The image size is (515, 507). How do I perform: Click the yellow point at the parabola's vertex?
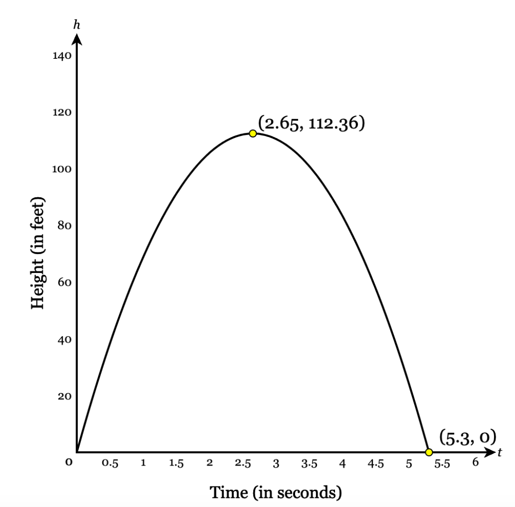pyautogui.click(x=253, y=133)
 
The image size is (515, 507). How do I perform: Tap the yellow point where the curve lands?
pyautogui.click(x=429, y=452)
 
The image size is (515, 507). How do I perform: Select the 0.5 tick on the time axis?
pyautogui.click(x=109, y=464)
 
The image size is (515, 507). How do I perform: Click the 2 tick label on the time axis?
pyautogui.click(x=210, y=463)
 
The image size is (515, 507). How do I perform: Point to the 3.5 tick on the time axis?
pyautogui.click(x=309, y=464)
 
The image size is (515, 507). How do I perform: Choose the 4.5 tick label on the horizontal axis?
pyautogui.click(x=375, y=464)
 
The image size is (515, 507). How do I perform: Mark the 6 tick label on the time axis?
pyautogui.click(x=475, y=462)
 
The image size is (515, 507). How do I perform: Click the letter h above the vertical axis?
pyautogui.click(x=77, y=25)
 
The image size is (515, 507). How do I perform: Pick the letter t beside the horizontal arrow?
pyautogui.click(x=500, y=452)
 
